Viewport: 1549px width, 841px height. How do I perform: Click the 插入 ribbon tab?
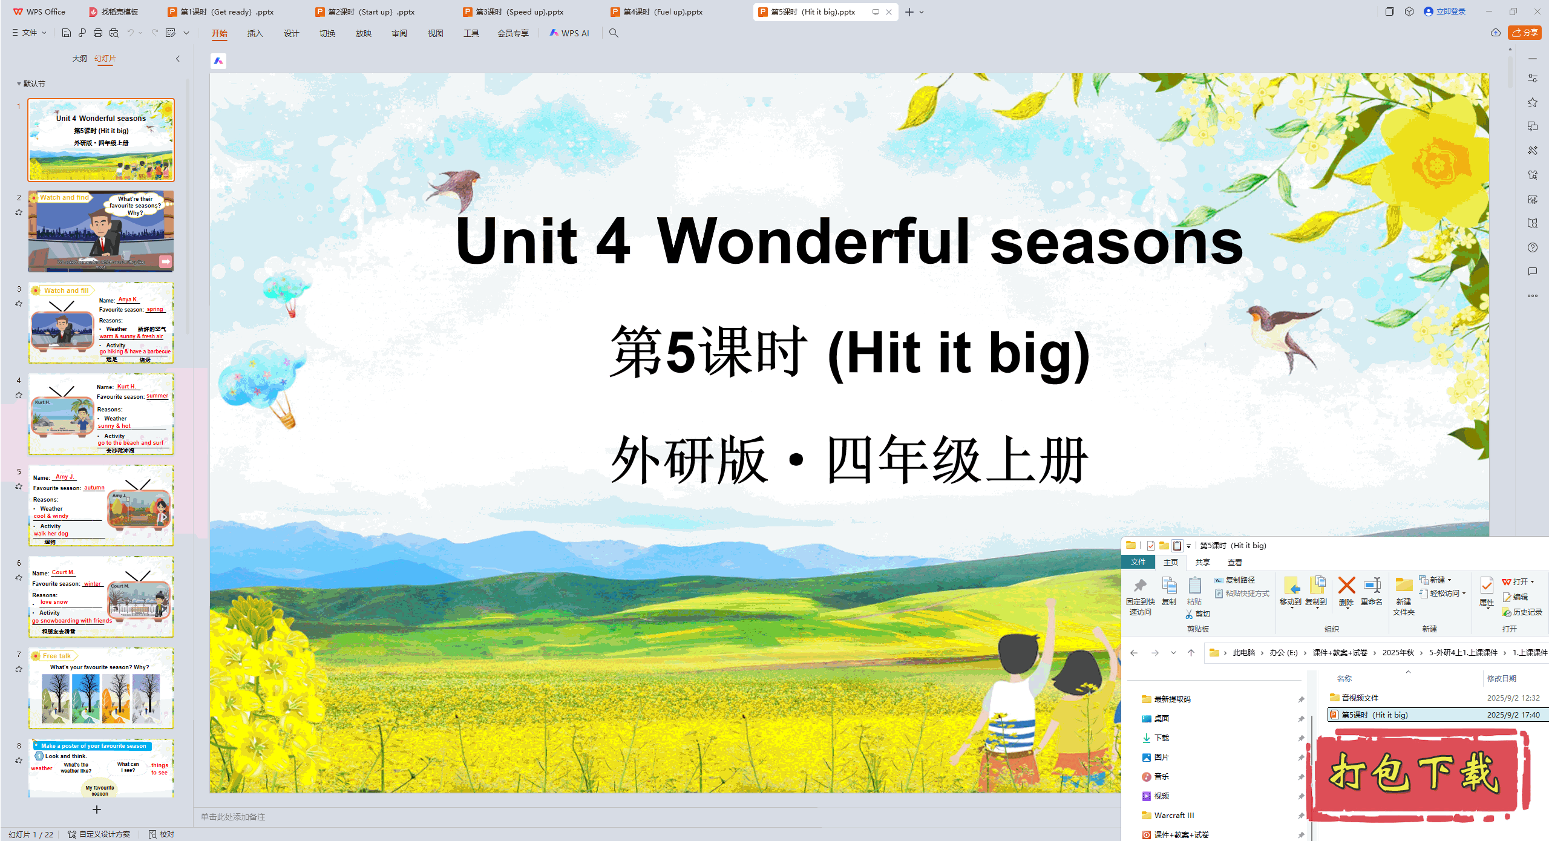tap(255, 33)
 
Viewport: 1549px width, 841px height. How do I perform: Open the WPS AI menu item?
tap(569, 33)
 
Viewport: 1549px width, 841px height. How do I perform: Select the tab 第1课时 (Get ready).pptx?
tap(221, 11)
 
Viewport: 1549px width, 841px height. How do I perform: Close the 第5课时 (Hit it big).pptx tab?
tap(889, 12)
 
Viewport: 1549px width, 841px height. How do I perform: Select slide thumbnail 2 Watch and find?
tap(101, 232)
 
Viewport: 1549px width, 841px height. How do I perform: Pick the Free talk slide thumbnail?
tap(101, 688)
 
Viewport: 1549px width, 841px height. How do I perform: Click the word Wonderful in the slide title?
tap(814, 241)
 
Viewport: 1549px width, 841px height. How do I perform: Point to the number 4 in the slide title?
tap(614, 241)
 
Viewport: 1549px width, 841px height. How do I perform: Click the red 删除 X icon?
tap(1346, 586)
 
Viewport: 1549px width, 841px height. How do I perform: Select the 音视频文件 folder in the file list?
tap(1360, 698)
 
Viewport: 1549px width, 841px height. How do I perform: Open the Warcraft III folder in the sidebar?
tap(1173, 815)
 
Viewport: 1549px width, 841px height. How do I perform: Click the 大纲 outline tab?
tap(79, 59)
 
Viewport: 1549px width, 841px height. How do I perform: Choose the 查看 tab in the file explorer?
tap(1234, 562)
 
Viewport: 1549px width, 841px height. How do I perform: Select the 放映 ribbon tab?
tap(363, 33)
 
